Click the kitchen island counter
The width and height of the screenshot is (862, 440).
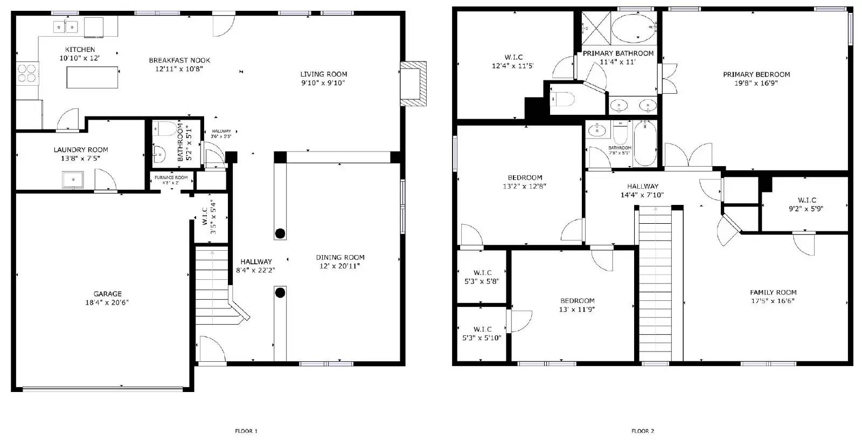[x=92, y=78]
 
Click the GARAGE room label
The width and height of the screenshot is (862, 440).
[x=107, y=294]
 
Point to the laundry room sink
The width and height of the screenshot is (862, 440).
[x=72, y=179]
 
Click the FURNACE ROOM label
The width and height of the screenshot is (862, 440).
[x=171, y=177]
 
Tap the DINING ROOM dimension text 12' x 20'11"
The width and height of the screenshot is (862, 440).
[x=340, y=266]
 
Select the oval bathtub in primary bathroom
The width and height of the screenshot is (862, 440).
[x=632, y=29]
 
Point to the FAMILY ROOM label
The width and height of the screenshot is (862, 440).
[x=773, y=292]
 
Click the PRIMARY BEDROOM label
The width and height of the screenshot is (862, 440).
[x=756, y=74]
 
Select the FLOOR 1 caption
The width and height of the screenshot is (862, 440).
[x=246, y=431]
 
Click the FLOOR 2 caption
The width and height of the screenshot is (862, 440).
[x=643, y=431]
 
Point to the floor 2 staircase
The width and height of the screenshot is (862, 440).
[x=655, y=286]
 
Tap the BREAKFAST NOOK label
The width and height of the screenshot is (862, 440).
[x=179, y=60]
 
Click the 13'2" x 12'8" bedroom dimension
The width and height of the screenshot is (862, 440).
[x=525, y=187]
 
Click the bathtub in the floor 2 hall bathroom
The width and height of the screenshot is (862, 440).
[x=644, y=143]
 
